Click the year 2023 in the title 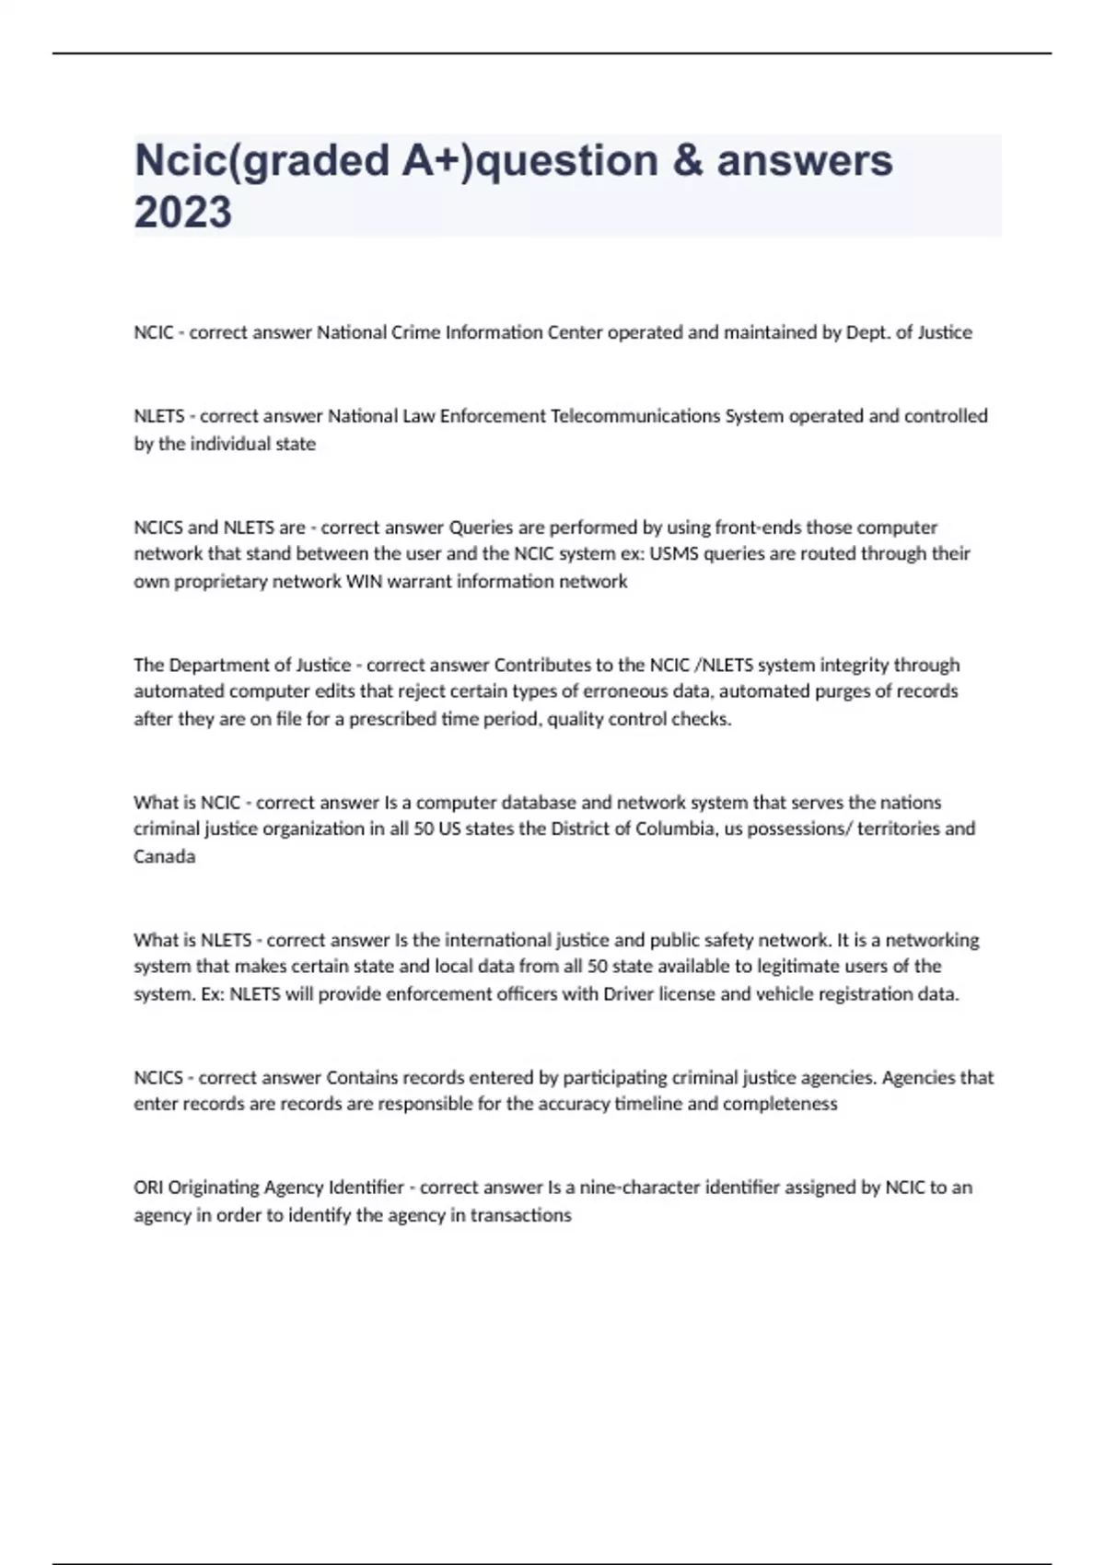182,212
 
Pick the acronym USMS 675,553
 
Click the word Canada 164,856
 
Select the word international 498,940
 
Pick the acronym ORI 148,1188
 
